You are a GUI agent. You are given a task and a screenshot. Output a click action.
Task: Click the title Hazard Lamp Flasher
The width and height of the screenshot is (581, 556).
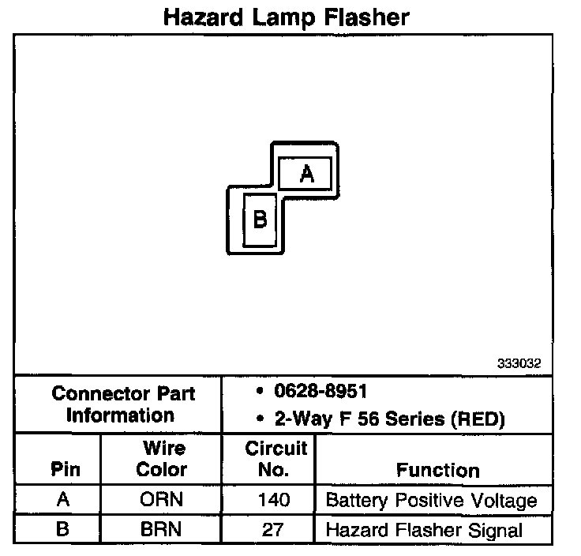286,17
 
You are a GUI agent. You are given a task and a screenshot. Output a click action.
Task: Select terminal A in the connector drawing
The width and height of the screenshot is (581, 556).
307,174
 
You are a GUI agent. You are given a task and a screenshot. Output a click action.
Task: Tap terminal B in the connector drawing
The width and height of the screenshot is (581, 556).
260,220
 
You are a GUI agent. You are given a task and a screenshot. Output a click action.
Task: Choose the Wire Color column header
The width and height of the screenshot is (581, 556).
163,459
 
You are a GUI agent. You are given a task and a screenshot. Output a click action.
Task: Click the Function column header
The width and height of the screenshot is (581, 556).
437,470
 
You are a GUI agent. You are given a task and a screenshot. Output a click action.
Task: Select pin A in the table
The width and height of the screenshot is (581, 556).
62,500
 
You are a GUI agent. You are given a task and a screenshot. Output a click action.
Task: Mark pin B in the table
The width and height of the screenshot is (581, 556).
62,529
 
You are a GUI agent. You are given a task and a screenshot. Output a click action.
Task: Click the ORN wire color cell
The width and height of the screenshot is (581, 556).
162,500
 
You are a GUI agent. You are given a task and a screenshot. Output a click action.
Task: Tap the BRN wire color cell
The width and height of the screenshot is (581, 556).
162,529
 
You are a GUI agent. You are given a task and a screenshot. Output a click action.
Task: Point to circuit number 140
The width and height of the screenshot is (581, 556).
274,500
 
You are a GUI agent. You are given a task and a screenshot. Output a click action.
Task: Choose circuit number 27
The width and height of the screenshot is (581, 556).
273,529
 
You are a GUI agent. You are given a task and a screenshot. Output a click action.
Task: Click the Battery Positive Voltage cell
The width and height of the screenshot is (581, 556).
431,500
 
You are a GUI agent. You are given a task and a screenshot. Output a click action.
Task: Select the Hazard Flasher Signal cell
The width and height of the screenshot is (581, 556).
424,530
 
